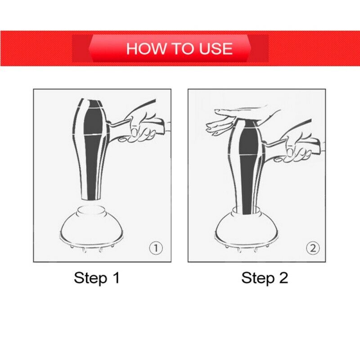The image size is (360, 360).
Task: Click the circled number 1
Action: [x=156, y=248]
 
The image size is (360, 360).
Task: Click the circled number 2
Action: [x=313, y=248]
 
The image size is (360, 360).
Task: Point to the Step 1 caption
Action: [x=97, y=278]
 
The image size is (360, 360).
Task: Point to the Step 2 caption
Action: [x=265, y=278]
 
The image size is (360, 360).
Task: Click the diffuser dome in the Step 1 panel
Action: [x=91, y=227]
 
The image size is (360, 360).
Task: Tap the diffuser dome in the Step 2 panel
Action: [x=247, y=227]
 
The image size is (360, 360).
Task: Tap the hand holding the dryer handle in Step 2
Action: [x=296, y=147]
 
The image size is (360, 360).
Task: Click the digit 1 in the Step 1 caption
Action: [x=116, y=277]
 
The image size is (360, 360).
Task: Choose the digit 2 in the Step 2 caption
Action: [x=283, y=277]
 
